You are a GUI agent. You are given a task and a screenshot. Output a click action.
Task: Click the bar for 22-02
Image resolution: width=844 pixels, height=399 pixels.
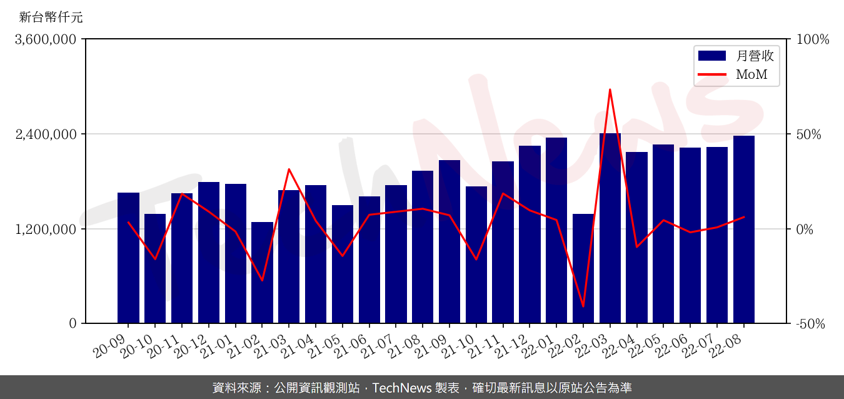(x=583, y=269)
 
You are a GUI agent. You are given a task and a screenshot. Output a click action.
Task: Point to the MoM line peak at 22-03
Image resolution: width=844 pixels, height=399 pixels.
(x=610, y=89)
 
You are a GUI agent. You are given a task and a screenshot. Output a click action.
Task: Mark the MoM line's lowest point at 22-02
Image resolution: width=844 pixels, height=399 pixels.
(x=583, y=306)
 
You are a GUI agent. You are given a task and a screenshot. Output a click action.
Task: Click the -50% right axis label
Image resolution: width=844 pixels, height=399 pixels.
(x=811, y=324)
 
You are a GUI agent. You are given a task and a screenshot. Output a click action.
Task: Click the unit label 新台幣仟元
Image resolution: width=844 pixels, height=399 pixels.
(x=51, y=18)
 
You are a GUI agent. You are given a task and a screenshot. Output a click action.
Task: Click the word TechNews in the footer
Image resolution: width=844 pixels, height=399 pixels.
(x=401, y=388)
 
